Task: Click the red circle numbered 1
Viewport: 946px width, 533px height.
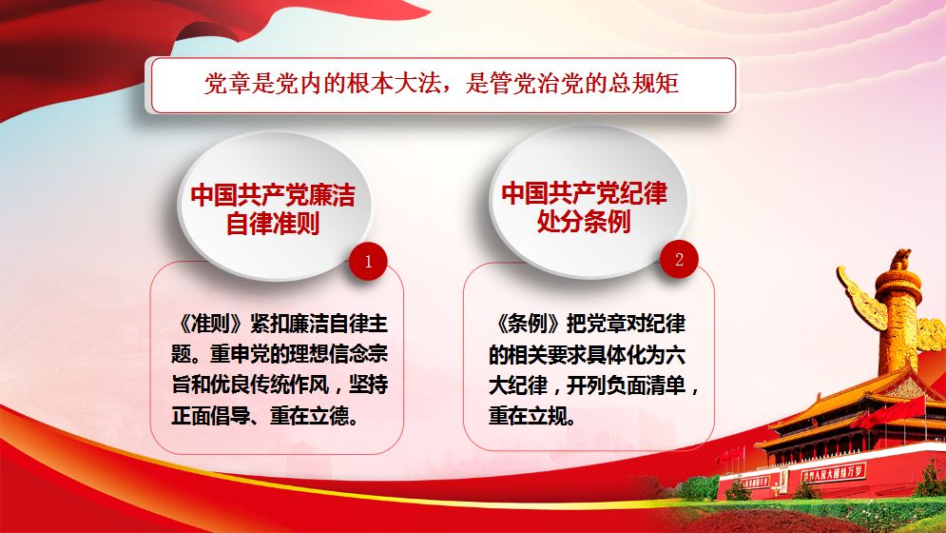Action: coord(368,261)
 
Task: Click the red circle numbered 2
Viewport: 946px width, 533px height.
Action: coord(679,259)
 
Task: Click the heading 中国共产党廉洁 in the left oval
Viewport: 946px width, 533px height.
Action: coord(273,195)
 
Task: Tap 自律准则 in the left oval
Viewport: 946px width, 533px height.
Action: coord(273,224)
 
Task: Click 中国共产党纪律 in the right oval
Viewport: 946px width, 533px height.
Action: coord(584,193)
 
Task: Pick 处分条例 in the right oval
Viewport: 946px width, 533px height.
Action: coord(584,221)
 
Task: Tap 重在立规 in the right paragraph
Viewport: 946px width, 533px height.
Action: coord(528,416)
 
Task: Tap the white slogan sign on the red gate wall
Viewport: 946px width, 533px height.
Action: coord(834,472)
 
